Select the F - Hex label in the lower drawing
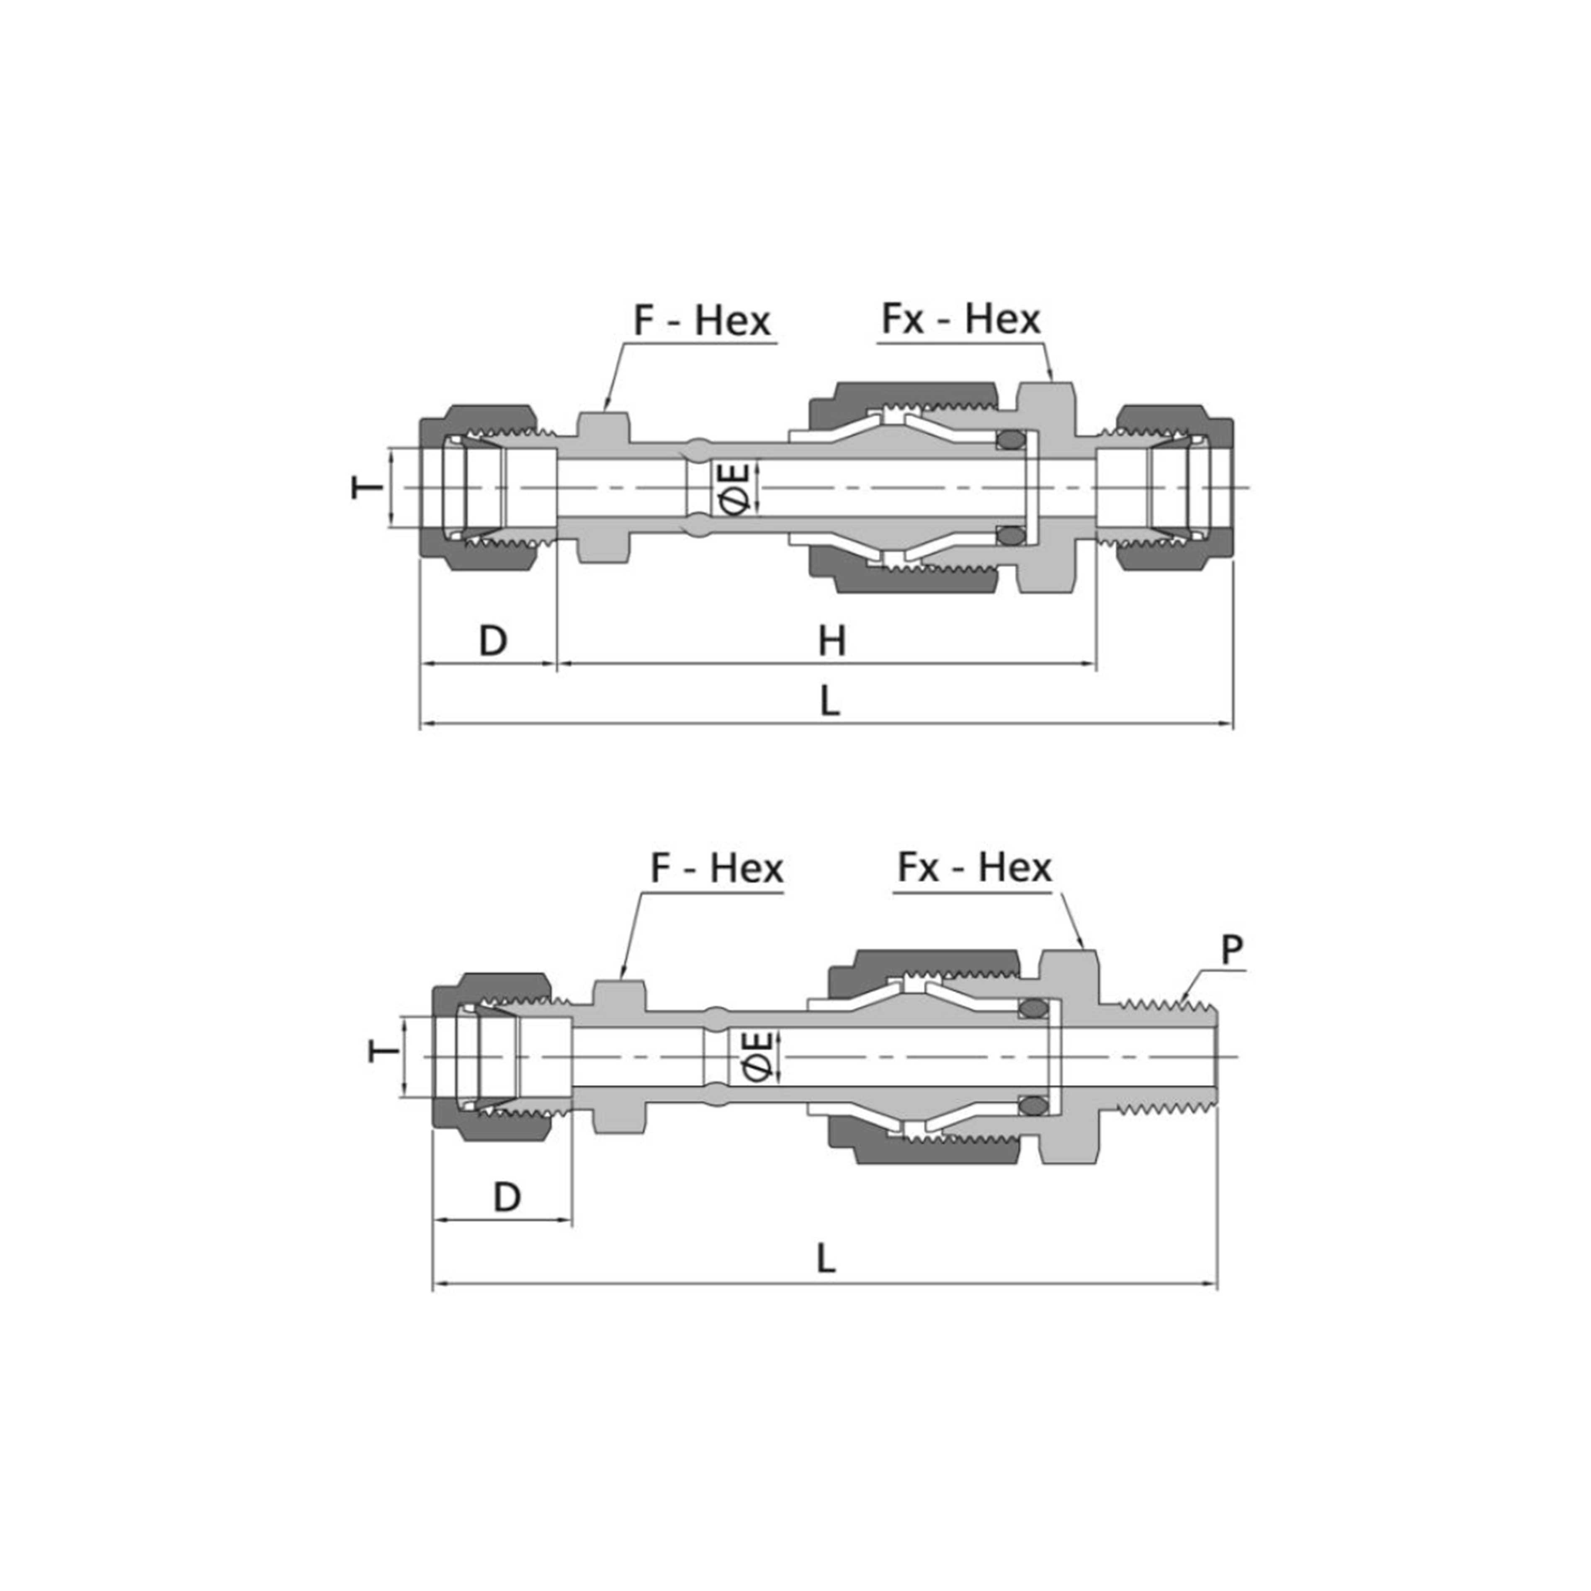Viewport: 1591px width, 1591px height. coord(716,868)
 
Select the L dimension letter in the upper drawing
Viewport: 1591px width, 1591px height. coord(830,701)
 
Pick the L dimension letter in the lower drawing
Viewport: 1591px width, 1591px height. coord(826,1258)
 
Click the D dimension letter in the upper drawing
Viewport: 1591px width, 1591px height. coord(492,640)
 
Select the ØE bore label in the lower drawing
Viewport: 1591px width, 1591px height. coord(758,1056)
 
